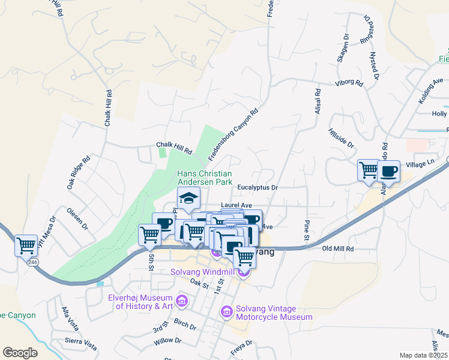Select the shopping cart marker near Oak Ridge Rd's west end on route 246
pyautogui.click(x=26, y=245)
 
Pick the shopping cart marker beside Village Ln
pyautogui.click(x=369, y=170)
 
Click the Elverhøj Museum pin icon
pyautogui.click(x=182, y=299)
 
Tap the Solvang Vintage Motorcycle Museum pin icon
pyautogui.click(x=226, y=311)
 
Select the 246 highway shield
pyautogui.click(x=32, y=262)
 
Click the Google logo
pyautogui.click(x=20, y=352)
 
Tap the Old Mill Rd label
pyautogui.click(x=338, y=248)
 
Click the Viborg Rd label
pyautogui.click(x=350, y=82)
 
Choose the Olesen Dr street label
pyautogui.click(x=77, y=220)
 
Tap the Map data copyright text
pyautogui.click(x=423, y=355)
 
